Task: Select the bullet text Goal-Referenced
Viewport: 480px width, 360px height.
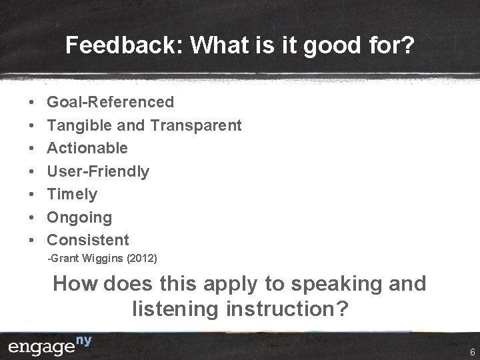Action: click(x=110, y=102)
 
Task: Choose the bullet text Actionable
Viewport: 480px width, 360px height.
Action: click(x=87, y=148)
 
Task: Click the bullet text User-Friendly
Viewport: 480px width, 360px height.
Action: click(x=98, y=171)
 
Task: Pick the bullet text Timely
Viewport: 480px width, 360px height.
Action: click(x=72, y=194)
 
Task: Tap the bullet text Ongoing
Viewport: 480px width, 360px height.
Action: click(x=79, y=217)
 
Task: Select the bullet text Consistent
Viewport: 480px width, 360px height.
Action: click(x=88, y=240)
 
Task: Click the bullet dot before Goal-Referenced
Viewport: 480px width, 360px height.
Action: click(x=32, y=103)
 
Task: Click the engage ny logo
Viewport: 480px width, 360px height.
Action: click(x=49, y=346)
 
